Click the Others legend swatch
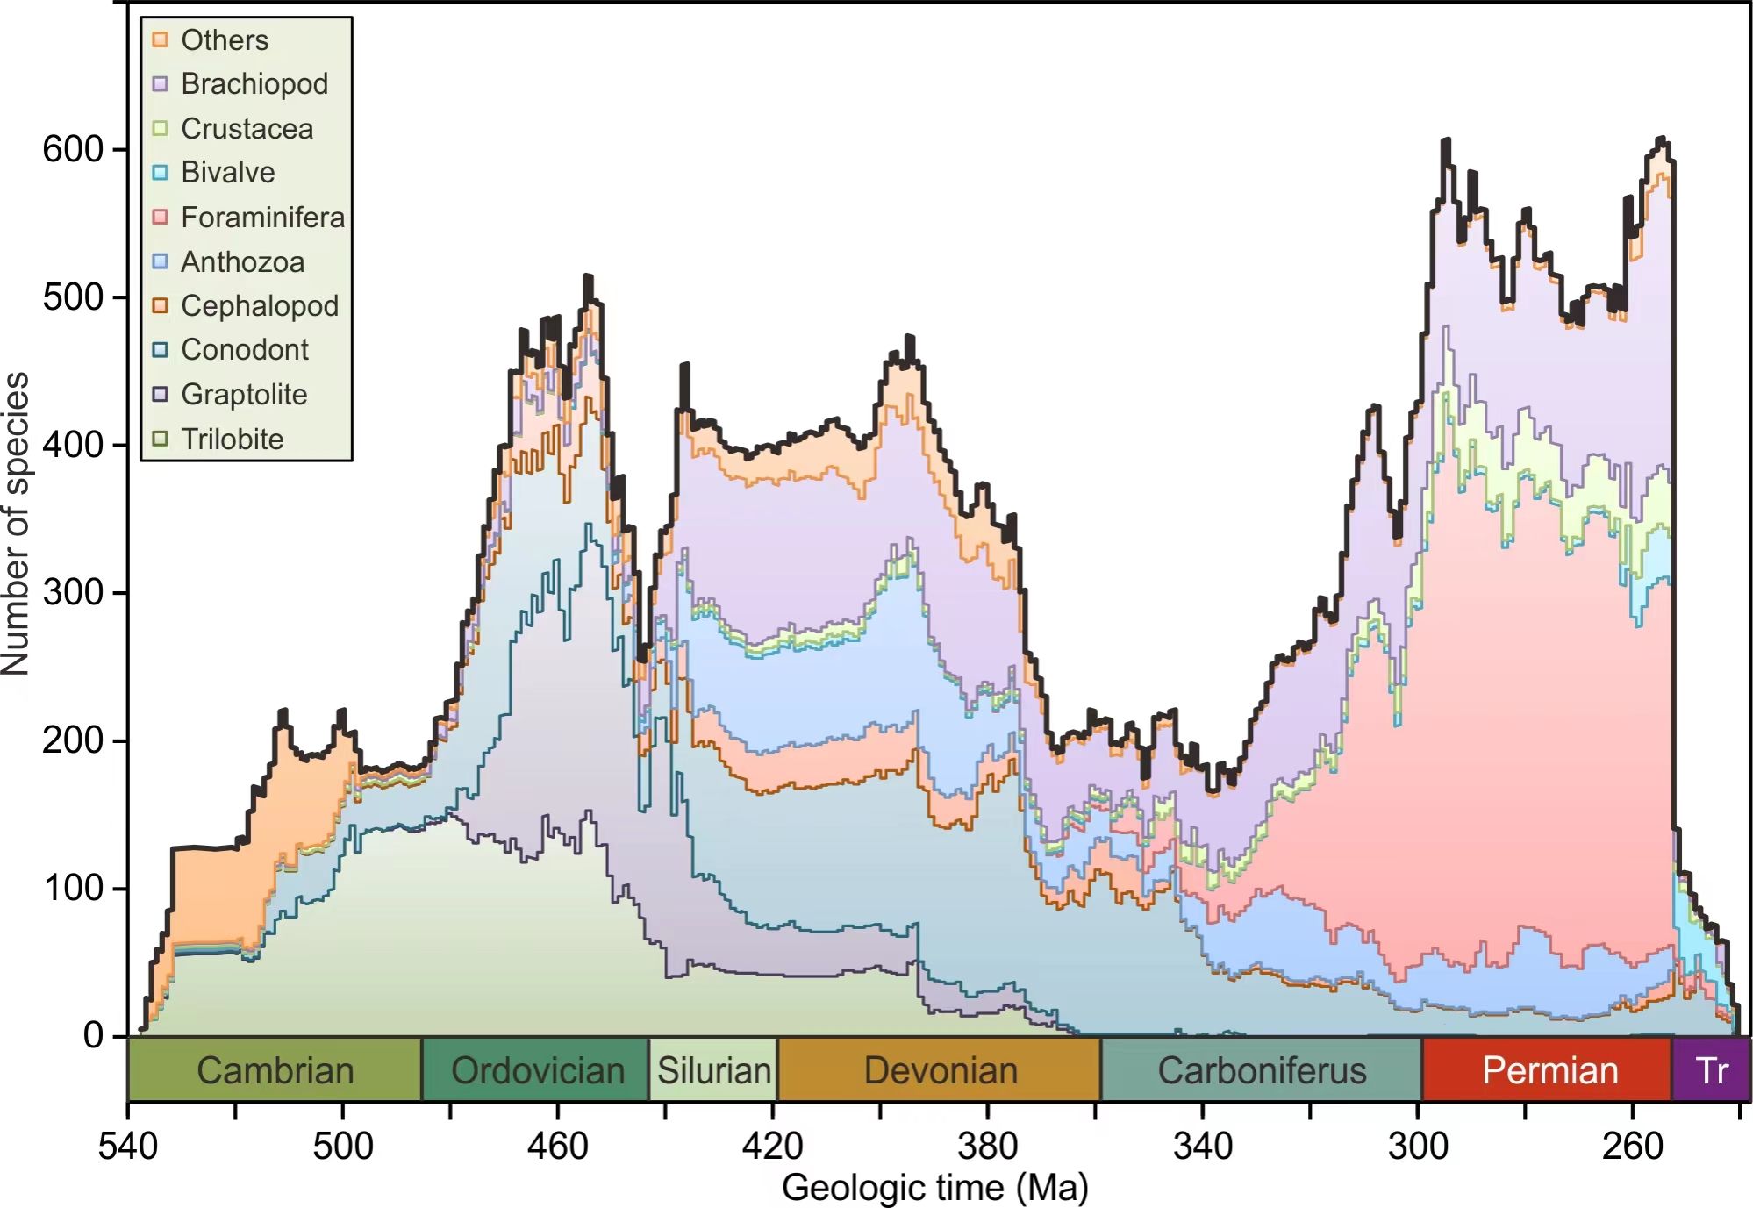point(160,39)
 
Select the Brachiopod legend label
point(254,84)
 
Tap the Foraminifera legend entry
point(262,217)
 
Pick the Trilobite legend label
point(233,439)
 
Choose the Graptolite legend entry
point(244,394)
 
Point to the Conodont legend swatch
point(160,350)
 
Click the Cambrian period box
point(275,1069)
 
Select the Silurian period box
point(713,1069)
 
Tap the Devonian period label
point(941,1070)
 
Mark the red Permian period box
point(1549,1069)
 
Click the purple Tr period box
point(1711,1069)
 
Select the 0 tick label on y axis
point(93,1035)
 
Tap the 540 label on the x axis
point(128,1146)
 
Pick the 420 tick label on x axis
point(773,1146)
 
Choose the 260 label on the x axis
point(1633,1146)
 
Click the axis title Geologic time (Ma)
point(934,1188)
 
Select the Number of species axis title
point(16,523)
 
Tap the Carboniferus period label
point(1262,1070)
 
